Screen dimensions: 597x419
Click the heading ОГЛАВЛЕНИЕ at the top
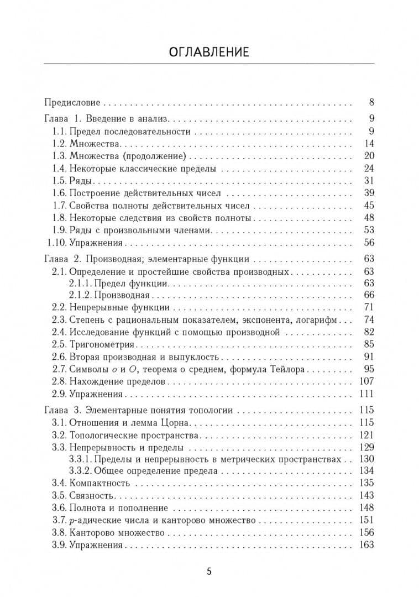click(x=209, y=53)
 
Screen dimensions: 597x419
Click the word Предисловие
click(x=72, y=102)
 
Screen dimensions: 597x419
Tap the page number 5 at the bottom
click(x=209, y=572)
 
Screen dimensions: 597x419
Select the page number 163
click(x=366, y=544)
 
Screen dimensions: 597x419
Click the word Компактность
click(x=98, y=483)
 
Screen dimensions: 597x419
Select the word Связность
click(x=91, y=495)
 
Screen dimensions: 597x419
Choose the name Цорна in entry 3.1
click(x=175, y=422)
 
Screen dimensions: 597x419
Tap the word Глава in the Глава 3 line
click(x=56, y=410)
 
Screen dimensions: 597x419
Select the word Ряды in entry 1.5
click(x=80, y=181)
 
